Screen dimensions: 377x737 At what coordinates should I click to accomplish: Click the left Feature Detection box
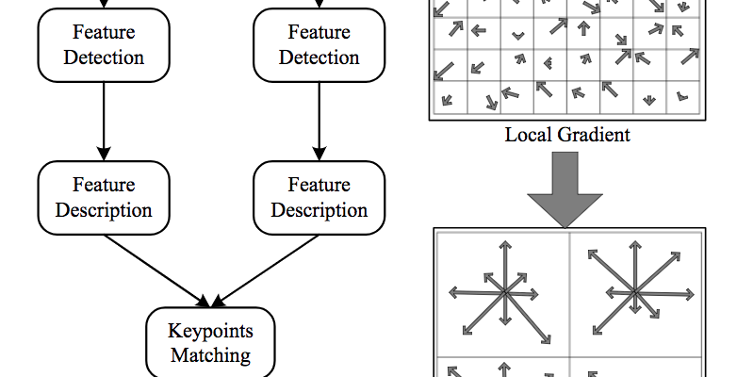pyautogui.click(x=104, y=44)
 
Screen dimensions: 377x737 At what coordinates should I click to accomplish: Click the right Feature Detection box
pyautogui.click(x=319, y=44)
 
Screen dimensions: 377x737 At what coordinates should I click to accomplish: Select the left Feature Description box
pyautogui.click(x=104, y=197)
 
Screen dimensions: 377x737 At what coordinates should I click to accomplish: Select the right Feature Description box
pyautogui.click(x=319, y=197)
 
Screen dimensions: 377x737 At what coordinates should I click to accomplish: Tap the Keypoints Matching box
pyautogui.click(x=210, y=343)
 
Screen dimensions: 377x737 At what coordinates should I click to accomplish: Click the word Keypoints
pyautogui.click(x=210, y=331)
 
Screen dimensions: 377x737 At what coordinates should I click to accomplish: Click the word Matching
pyautogui.click(x=210, y=355)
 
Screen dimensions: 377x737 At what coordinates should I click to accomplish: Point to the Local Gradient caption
pyautogui.click(x=567, y=135)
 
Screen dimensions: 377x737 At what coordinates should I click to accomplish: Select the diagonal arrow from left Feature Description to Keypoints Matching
pyautogui.click(x=156, y=270)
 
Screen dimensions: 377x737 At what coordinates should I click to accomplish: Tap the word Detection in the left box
pyautogui.click(x=104, y=57)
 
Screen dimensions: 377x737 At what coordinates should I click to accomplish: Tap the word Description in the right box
pyautogui.click(x=319, y=209)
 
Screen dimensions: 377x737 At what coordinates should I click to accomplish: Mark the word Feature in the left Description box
pyautogui.click(x=104, y=185)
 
